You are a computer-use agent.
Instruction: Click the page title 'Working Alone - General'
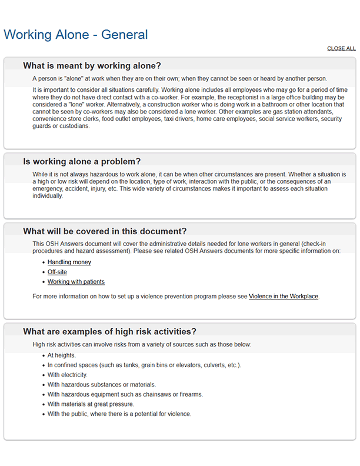click(75, 34)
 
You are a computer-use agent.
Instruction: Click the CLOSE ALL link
click(341, 49)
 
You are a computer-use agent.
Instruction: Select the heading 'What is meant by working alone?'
click(92, 65)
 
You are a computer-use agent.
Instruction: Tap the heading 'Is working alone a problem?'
click(82, 161)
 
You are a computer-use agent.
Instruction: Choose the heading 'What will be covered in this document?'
click(108, 231)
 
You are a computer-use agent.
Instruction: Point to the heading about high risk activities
click(109, 331)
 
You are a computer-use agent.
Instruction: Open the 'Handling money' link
click(69, 262)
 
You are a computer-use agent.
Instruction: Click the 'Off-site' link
click(57, 272)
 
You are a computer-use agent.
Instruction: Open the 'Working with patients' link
click(76, 282)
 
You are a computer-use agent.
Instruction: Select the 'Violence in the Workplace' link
click(284, 297)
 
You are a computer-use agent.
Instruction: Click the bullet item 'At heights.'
click(62, 355)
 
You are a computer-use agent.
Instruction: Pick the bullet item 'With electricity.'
click(68, 375)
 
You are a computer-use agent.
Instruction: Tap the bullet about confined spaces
click(144, 365)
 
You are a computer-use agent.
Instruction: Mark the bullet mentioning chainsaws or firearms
click(125, 394)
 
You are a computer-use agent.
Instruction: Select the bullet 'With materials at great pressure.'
click(91, 404)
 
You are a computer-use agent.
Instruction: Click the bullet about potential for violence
click(119, 414)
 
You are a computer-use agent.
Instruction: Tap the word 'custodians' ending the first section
click(74, 126)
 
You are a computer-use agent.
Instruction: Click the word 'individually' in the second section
click(47, 196)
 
